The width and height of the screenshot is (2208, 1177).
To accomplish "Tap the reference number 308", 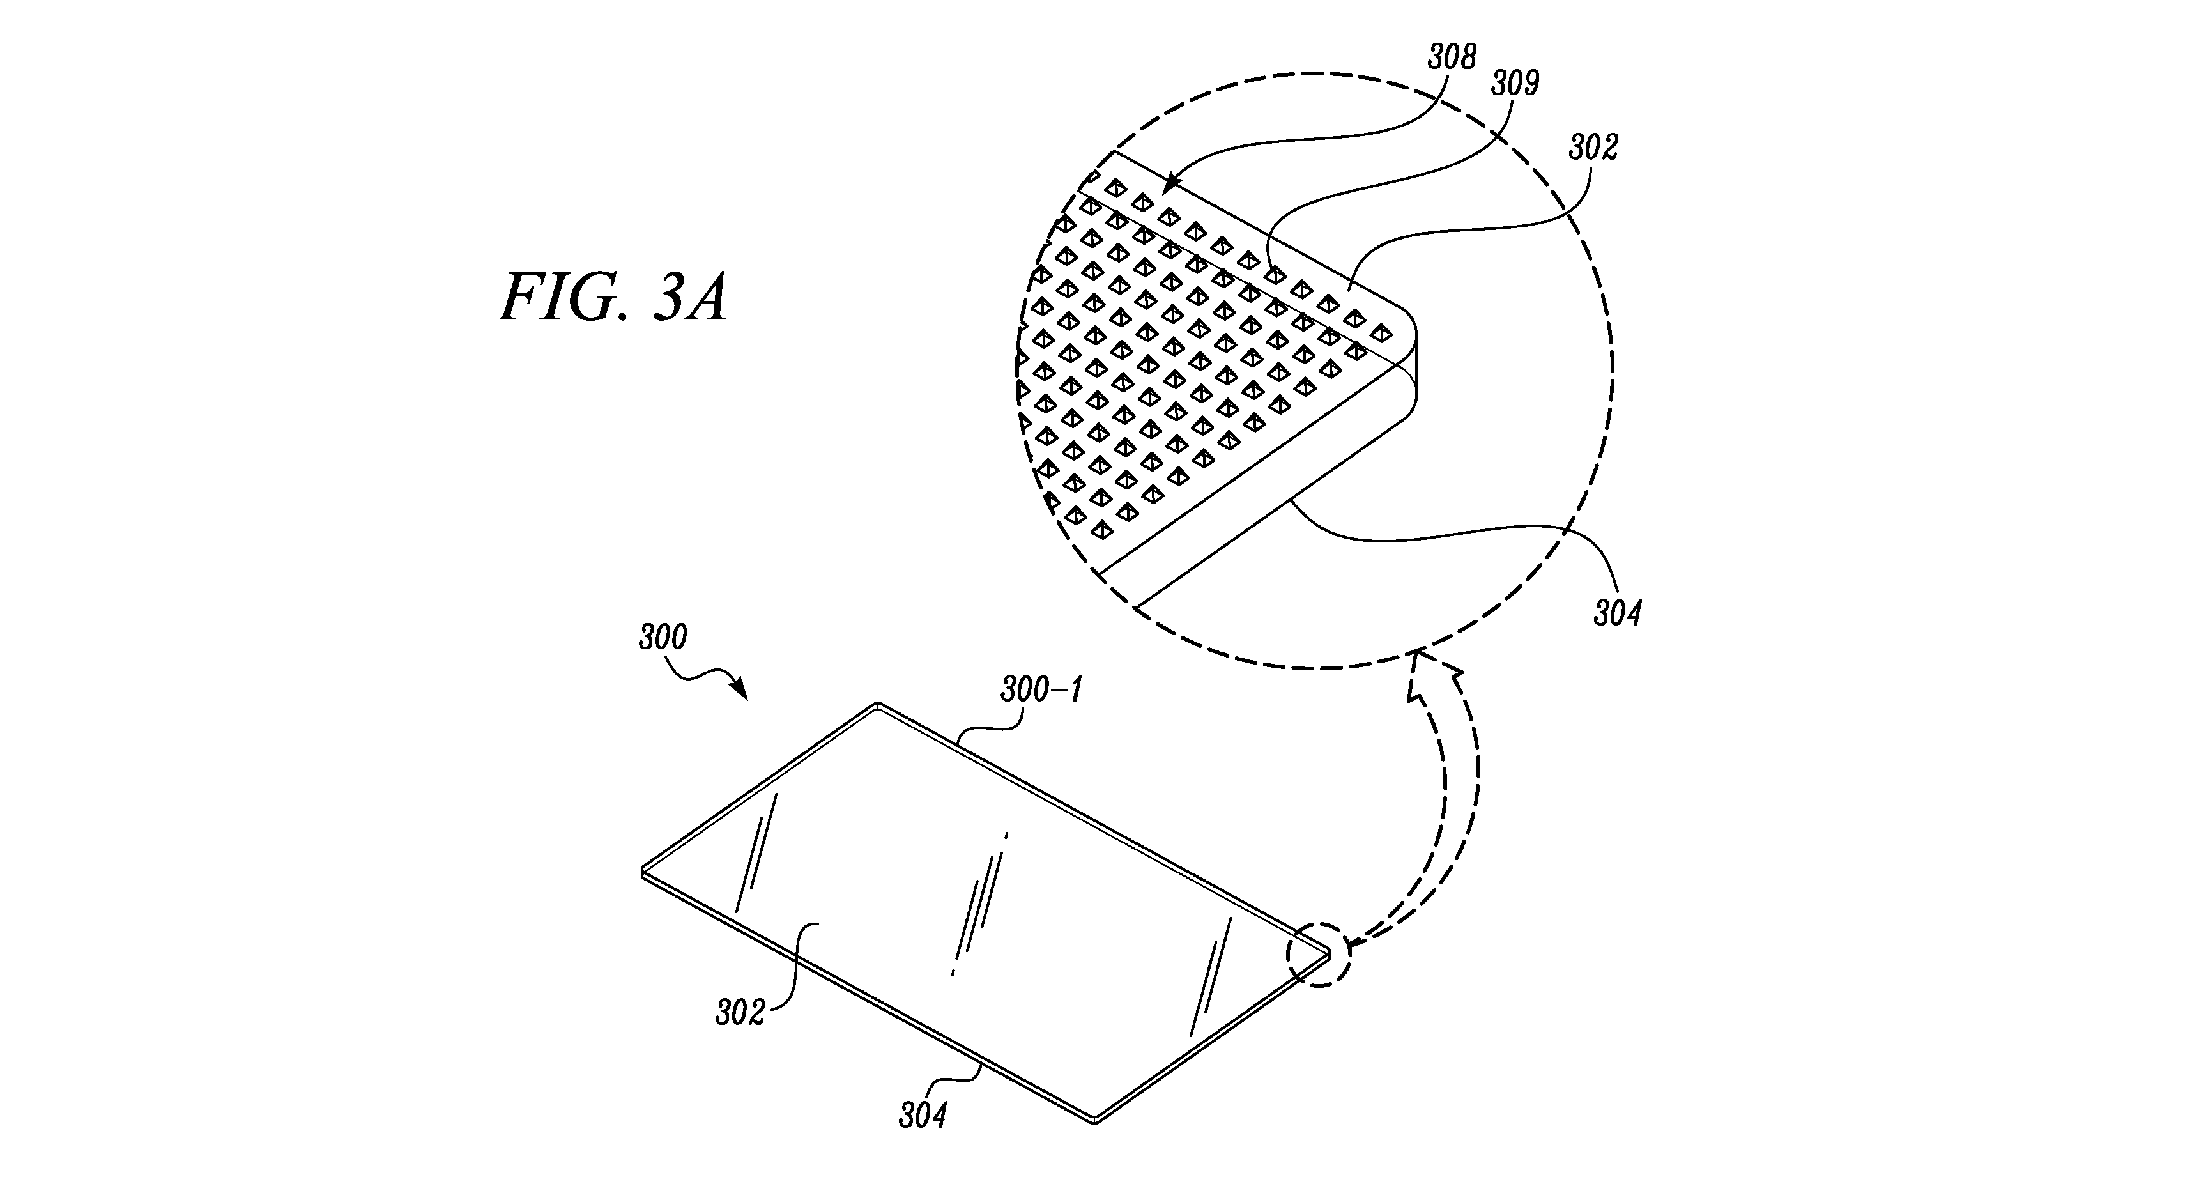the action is click(1452, 58).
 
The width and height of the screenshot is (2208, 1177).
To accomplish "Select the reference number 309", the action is click(1515, 83).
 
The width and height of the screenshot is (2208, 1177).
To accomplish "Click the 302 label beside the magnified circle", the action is click(1593, 148).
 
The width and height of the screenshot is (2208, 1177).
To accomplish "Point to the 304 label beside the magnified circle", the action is click(1618, 614).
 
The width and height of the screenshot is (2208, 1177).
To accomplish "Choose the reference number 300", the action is click(663, 638).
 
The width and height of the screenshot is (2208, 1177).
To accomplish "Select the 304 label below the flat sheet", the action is click(923, 1139).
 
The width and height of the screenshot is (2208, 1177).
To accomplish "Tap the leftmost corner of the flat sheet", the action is click(643, 873).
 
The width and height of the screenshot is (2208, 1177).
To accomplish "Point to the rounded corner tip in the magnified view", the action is click(1413, 337).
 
